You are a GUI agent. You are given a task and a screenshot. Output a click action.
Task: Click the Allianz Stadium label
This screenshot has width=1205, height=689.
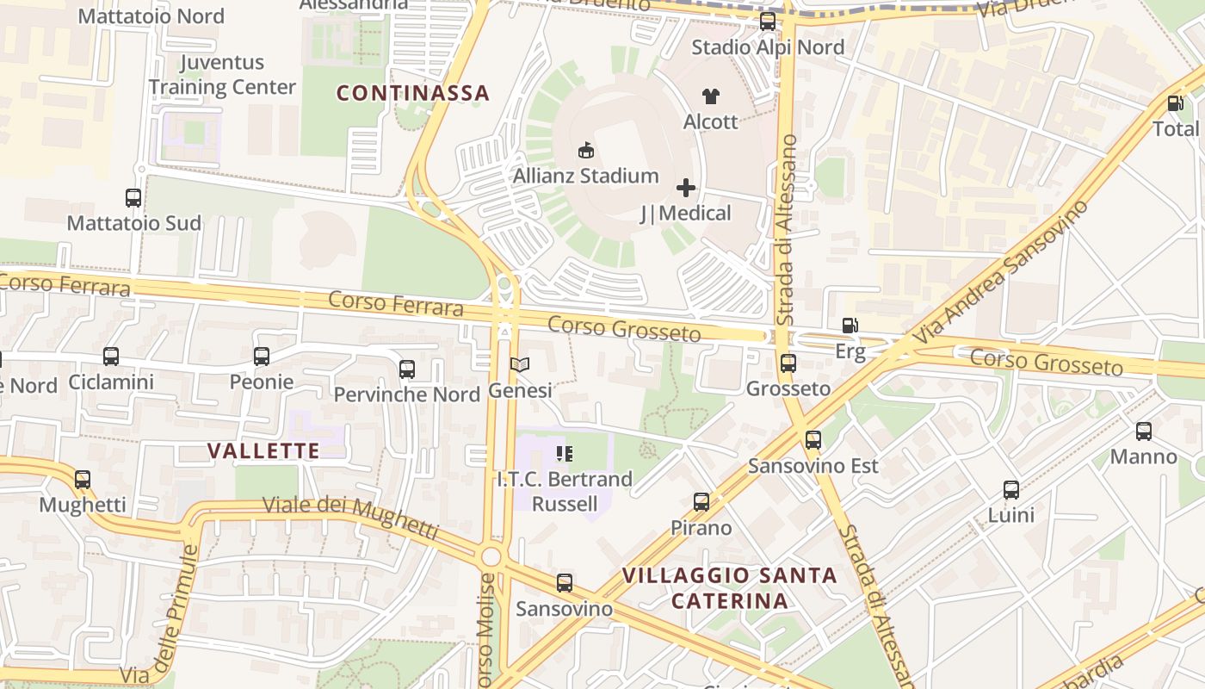click(x=585, y=177)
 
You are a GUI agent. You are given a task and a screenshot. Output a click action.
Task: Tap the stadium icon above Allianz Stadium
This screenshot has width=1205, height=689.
click(x=586, y=151)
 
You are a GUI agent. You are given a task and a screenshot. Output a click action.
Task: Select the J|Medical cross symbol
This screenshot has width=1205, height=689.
click(x=686, y=188)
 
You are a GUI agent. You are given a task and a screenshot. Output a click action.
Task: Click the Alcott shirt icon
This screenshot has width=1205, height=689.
click(x=710, y=96)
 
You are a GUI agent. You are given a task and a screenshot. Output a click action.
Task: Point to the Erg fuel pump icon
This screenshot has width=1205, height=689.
click(x=850, y=326)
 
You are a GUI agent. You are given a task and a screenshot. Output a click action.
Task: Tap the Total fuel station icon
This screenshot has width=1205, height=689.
click(x=1175, y=103)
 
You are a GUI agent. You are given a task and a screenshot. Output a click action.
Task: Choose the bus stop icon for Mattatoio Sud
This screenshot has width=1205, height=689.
click(x=133, y=198)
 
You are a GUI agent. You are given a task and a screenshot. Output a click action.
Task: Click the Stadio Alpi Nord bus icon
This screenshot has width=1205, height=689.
click(x=767, y=22)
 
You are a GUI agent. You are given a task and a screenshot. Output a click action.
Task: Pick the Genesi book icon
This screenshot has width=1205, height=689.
click(x=519, y=365)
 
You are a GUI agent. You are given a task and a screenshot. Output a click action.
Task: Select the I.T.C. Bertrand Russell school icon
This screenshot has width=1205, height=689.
click(x=564, y=453)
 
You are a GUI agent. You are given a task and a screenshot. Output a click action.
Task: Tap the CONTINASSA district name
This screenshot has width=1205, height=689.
click(x=412, y=93)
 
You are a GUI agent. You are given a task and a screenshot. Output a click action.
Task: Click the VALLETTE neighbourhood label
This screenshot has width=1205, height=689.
click(x=263, y=450)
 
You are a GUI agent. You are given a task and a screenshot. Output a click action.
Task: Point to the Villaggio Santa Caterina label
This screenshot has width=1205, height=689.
click(x=729, y=587)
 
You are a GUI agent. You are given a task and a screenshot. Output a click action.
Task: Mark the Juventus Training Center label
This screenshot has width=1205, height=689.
click(x=222, y=75)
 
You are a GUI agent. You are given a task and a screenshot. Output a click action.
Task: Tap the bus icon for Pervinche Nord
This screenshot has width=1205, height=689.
click(x=407, y=369)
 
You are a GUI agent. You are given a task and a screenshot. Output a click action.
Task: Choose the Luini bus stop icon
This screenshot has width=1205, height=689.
click(x=1011, y=490)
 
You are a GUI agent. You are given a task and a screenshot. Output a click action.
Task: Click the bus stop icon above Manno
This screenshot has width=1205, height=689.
click(x=1143, y=431)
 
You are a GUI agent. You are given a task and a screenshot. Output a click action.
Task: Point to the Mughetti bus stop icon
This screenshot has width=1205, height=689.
click(x=83, y=480)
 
